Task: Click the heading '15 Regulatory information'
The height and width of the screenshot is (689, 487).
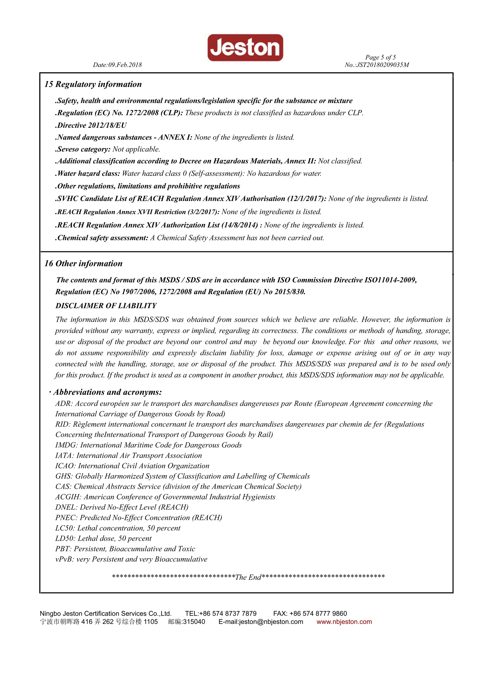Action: [93, 84]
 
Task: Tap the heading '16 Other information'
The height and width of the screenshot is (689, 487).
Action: [83, 263]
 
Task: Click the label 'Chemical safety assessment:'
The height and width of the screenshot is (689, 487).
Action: [102, 238]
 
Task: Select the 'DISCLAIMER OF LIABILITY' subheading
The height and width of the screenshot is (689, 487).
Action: [106, 306]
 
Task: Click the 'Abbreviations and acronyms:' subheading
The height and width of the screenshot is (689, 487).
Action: [107, 392]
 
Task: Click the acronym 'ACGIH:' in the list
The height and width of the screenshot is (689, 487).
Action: [68, 497]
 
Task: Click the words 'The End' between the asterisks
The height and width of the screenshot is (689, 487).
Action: [248, 577]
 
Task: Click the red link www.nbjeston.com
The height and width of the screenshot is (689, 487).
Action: [344, 621]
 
